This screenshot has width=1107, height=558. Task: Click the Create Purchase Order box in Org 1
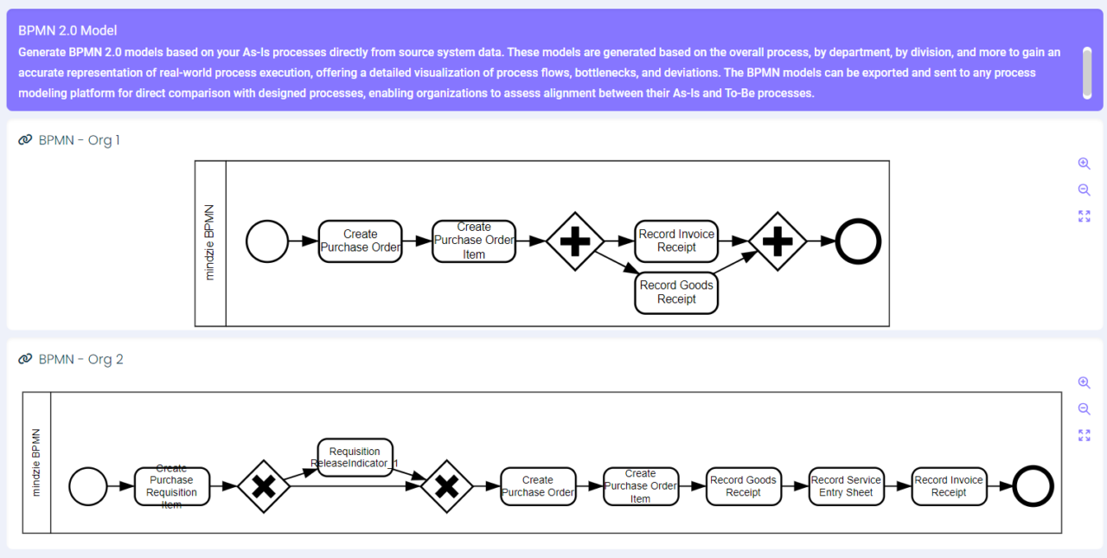pyautogui.click(x=360, y=241)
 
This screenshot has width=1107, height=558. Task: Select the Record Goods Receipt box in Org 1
pyautogui.click(x=676, y=292)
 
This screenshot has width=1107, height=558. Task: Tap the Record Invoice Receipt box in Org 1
pyautogui.click(x=676, y=241)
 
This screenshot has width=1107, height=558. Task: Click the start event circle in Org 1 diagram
pyautogui.click(x=267, y=241)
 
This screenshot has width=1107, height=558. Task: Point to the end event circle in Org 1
pyautogui.click(x=858, y=241)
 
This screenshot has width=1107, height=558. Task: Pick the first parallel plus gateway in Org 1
pyautogui.click(x=574, y=241)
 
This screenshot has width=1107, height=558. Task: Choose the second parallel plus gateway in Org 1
pyautogui.click(x=777, y=241)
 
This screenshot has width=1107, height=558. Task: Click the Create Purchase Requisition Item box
pyautogui.click(x=171, y=486)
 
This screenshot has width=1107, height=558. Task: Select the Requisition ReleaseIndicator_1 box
pyautogui.click(x=355, y=458)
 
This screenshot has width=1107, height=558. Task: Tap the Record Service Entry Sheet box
pyautogui.click(x=846, y=486)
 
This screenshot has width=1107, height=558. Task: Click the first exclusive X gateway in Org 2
pyautogui.click(x=263, y=486)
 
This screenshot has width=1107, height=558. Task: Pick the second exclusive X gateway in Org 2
pyautogui.click(x=446, y=486)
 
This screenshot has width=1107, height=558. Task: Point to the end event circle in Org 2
pyautogui.click(x=1033, y=486)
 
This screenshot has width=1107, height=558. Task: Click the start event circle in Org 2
pyautogui.click(x=88, y=486)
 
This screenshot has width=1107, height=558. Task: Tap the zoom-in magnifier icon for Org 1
pyautogui.click(x=1084, y=164)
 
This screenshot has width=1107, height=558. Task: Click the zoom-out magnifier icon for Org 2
pyautogui.click(x=1084, y=409)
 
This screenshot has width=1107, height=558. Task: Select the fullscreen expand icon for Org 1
pyautogui.click(x=1084, y=216)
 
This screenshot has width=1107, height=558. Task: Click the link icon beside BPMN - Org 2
pyautogui.click(x=25, y=359)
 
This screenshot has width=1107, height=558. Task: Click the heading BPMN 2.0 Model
pyautogui.click(x=67, y=30)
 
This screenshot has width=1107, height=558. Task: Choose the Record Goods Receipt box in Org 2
pyautogui.click(x=743, y=486)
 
